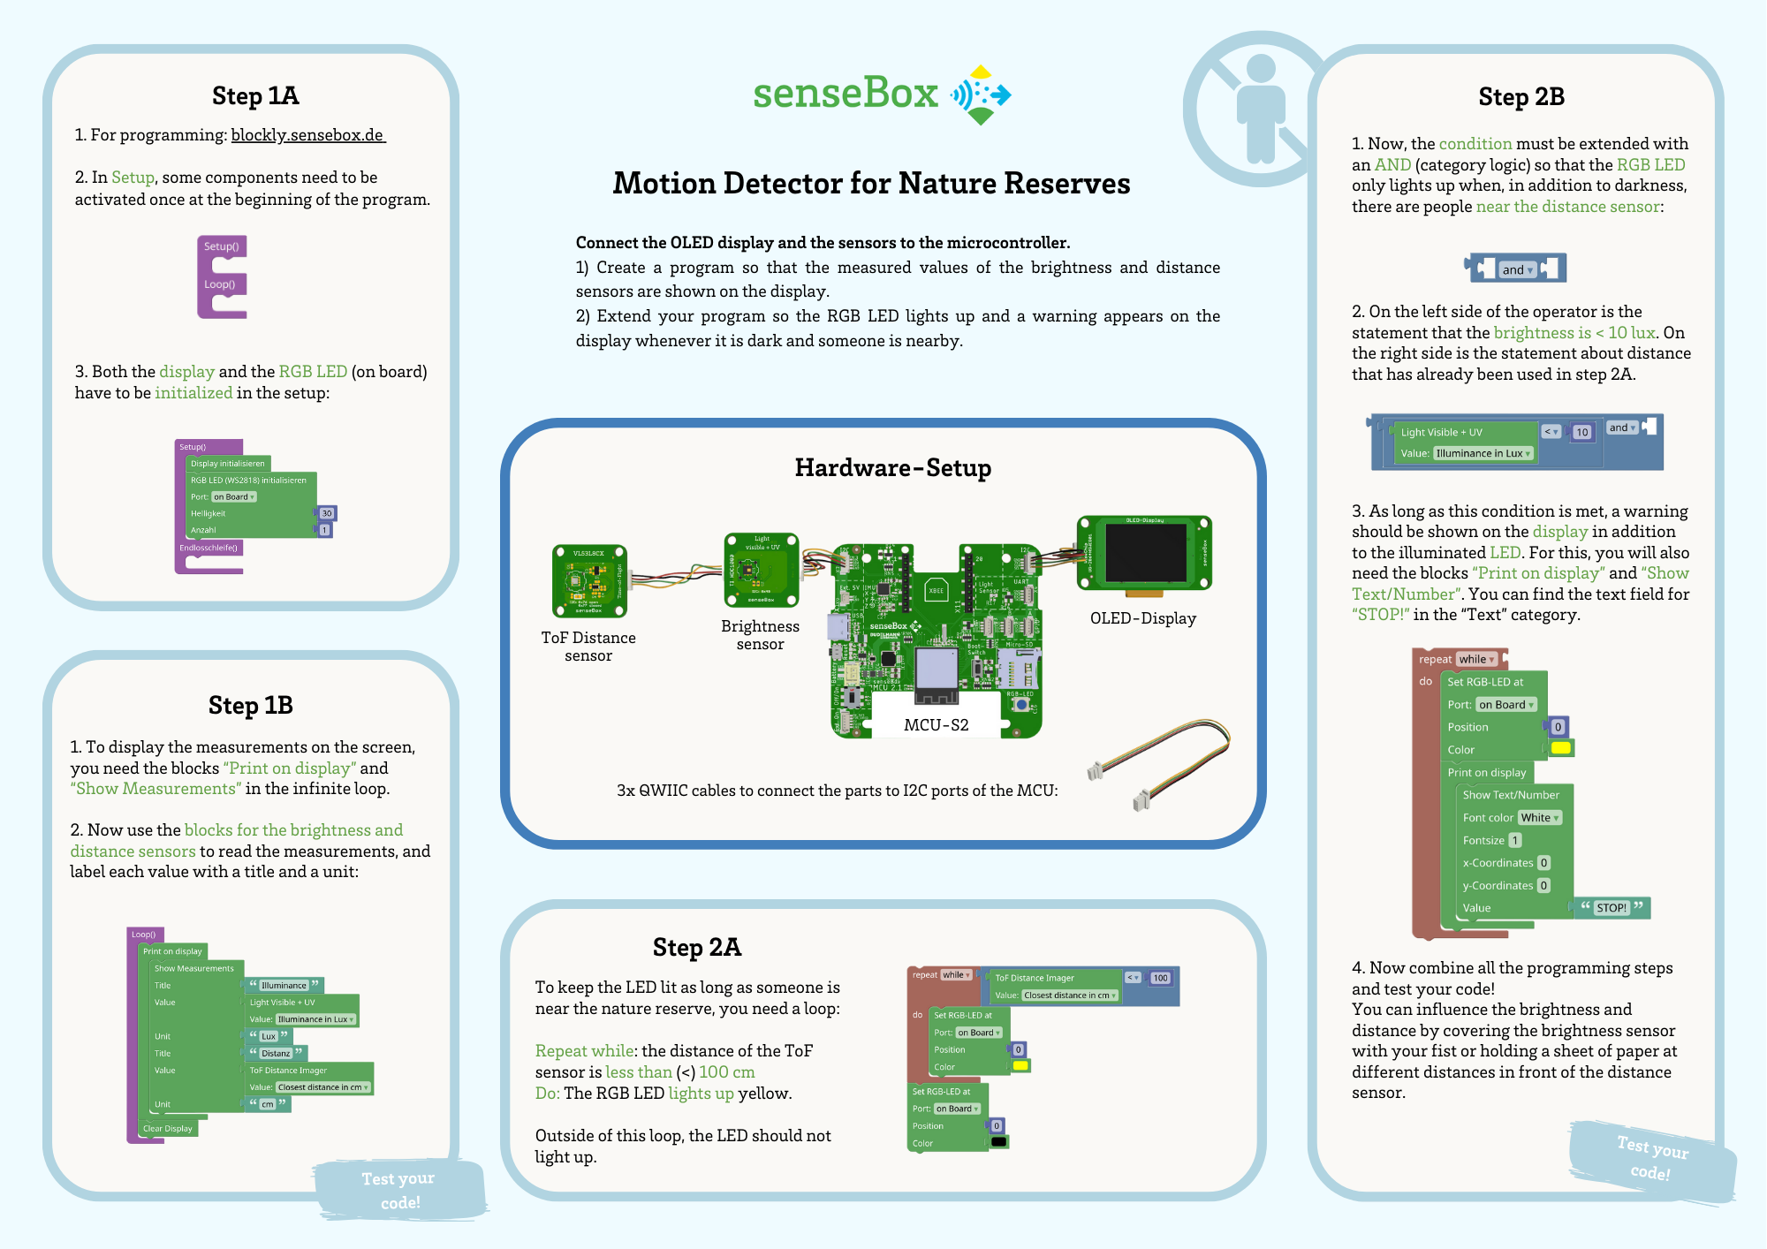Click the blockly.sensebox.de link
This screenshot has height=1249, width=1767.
[x=307, y=135]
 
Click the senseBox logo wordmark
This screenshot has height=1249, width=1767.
[x=845, y=94]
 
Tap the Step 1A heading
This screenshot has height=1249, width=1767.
[x=255, y=95]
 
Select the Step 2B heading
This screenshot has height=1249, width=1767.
[x=1521, y=96]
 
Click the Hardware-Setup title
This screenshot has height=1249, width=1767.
[x=892, y=467]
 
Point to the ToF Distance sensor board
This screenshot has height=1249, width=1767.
[x=589, y=581]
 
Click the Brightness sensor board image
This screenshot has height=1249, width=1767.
[x=761, y=570]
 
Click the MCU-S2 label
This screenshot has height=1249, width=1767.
[x=936, y=724]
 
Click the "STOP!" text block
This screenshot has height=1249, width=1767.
[x=1612, y=907]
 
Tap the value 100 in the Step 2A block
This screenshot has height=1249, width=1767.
[x=1160, y=978]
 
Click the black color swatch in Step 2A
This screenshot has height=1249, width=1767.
[x=998, y=1142]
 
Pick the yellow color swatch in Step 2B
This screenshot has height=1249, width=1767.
[x=1561, y=749]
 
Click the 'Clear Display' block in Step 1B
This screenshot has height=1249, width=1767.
[x=167, y=1128]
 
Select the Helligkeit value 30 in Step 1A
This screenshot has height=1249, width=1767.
[x=327, y=513]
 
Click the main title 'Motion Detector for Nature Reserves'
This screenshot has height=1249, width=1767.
[x=871, y=183]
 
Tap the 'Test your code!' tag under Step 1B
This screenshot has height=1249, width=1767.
[x=398, y=1190]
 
